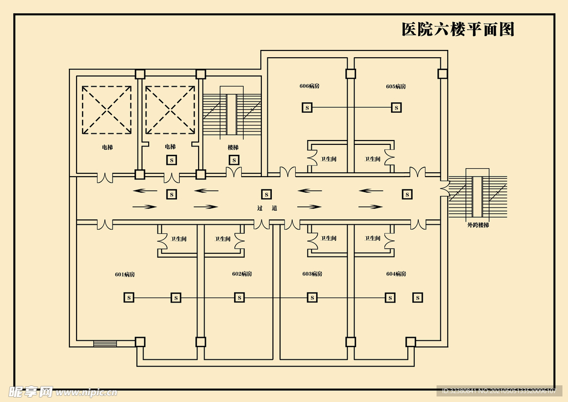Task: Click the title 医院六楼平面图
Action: [458, 29]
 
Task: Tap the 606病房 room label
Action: [310, 86]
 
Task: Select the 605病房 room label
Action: [396, 86]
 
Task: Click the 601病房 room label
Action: [125, 274]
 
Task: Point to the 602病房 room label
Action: [242, 274]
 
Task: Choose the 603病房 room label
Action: [312, 274]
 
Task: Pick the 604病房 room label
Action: [396, 274]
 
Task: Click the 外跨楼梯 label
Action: [478, 225]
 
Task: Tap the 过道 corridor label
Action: [267, 208]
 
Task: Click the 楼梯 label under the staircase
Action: [233, 147]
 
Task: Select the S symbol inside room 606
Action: [307, 107]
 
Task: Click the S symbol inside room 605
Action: [396, 107]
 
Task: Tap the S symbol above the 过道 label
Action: [267, 194]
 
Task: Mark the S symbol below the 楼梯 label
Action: [234, 160]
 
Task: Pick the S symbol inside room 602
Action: [239, 298]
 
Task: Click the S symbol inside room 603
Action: [312, 298]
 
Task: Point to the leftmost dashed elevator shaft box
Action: [107, 109]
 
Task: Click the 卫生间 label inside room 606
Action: [328, 159]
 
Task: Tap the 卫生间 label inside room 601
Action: [179, 239]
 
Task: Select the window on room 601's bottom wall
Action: [105, 343]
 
